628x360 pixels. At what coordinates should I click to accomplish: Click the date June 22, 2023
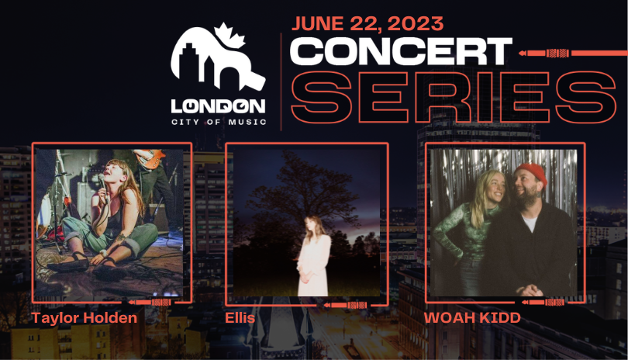click(367, 23)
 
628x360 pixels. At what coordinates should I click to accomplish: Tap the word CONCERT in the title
click(401, 51)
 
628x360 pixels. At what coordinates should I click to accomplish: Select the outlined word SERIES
click(453, 98)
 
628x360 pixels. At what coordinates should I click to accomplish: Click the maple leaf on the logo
click(229, 35)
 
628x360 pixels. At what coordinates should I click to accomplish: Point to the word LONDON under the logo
click(219, 106)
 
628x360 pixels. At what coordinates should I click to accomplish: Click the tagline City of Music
click(219, 122)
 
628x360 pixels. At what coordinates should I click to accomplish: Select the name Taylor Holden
click(84, 318)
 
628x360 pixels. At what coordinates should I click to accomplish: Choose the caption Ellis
click(240, 318)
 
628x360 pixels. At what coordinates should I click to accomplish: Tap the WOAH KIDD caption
click(472, 318)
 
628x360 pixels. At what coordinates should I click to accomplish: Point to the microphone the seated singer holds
click(102, 185)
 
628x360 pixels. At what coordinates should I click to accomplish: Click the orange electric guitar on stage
click(150, 157)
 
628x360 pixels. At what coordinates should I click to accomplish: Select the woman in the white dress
click(314, 256)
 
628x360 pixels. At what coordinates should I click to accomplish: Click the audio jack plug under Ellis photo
click(346, 306)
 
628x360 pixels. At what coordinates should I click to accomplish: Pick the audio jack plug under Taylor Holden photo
click(150, 303)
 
